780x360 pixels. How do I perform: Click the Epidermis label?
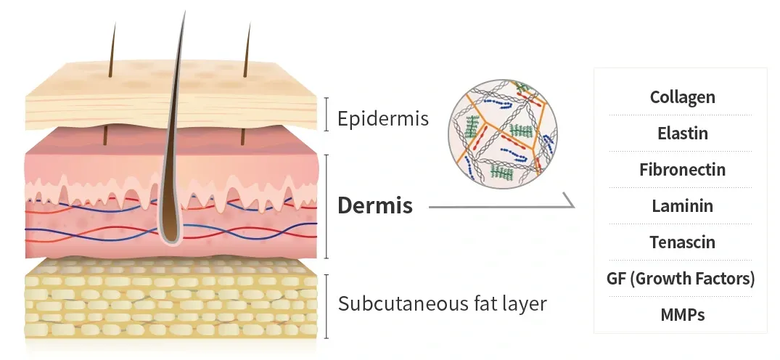(382, 119)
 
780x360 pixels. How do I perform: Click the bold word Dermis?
(375, 205)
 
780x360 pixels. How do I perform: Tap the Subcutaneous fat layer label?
(442, 303)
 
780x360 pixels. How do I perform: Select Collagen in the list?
(683, 97)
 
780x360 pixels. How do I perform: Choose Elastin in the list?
(683, 133)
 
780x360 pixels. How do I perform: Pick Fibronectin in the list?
(683, 169)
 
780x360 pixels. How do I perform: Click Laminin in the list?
(683, 205)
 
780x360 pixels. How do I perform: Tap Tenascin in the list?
(683, 242)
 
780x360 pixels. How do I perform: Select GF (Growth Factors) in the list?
(681, 278)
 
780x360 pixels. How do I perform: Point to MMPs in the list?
(683, 315)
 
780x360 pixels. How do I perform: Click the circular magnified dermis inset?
(502, 134)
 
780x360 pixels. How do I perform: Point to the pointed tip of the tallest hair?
(184, 12)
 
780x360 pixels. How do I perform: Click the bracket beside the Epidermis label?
(327, 114)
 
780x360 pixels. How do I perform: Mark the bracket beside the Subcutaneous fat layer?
(327, 306)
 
